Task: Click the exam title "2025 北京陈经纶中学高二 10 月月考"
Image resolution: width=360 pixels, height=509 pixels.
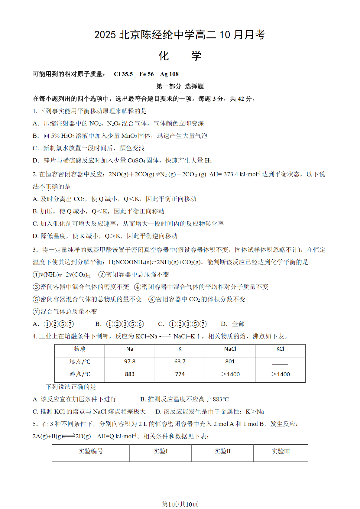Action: [x=180, y=35]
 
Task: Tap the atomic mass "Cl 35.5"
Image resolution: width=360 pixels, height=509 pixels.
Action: [x=123, y=74]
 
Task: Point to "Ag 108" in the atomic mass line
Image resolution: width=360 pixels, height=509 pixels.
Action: [x=169, y=74]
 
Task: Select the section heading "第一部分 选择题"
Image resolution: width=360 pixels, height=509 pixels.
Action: [x=180, y=86]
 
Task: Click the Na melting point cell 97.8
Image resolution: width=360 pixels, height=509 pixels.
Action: [x=130, y=361]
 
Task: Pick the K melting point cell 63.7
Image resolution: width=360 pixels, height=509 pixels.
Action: [x=180, y=361]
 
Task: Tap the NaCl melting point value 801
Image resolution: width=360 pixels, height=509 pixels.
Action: [x=230, y=361]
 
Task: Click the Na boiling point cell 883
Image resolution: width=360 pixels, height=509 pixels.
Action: [x=130, y=374]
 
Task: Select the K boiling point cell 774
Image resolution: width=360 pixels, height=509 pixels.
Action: [x=180, y=374]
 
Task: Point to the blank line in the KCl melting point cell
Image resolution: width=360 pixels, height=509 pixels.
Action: [x=280, y=364]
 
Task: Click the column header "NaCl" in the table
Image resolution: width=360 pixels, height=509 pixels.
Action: [x=230, y=349]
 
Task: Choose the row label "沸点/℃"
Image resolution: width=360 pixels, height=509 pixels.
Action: [x=80, y=374]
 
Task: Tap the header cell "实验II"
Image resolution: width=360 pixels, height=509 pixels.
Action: [x=222, y=451]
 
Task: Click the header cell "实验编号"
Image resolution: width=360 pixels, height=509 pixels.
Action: [x=91, y=451]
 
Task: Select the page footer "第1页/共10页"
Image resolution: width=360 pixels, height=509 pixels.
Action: [x=180, y=504]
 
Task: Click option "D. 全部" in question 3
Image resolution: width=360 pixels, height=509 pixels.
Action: [x=233, y=324]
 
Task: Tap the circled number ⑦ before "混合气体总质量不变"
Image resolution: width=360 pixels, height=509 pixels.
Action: [x=36, y=312]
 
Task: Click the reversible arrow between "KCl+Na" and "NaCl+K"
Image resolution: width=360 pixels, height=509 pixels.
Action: [x=165, y=336]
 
